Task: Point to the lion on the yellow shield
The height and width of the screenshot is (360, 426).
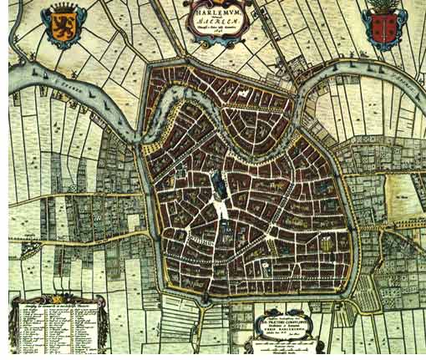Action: [62, 28]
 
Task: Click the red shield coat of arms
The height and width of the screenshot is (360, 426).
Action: [383, 29]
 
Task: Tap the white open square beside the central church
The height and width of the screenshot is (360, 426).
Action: [223, 209]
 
